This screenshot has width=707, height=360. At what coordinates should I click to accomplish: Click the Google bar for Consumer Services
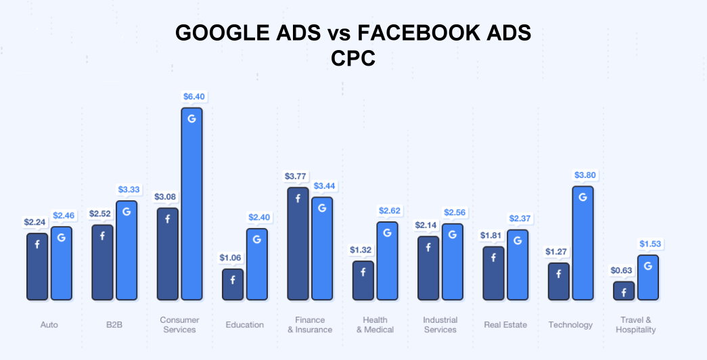pos(191,203)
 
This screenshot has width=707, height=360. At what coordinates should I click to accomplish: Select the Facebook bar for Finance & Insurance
pos(298,243)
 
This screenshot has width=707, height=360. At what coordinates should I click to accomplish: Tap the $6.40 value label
pos(193,97)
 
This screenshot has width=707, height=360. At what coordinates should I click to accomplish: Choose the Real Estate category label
pos(505,325)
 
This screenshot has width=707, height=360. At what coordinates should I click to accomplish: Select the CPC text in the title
pos(353,59)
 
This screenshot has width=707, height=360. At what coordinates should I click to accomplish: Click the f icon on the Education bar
pos(233,279)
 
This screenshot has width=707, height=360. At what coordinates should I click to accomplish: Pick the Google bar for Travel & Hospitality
pos(647,277)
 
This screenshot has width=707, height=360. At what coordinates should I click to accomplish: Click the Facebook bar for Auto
pos(37,266)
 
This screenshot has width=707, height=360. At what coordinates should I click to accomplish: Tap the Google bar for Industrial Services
pos(453,261)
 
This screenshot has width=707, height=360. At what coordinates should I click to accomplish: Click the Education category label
pos(245,325)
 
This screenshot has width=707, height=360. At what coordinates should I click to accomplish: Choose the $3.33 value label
pos(129,189)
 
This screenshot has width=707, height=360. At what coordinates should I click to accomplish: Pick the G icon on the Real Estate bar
pos(518,240)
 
